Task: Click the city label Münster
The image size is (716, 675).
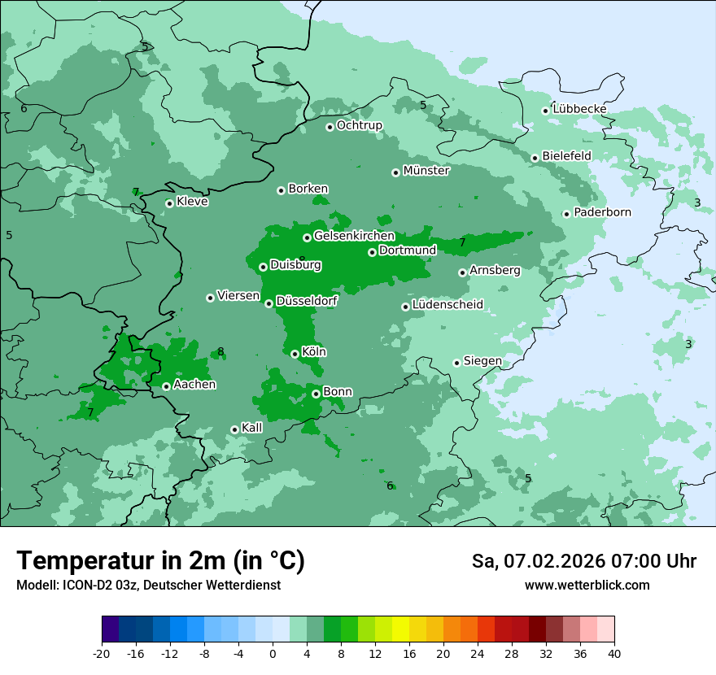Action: click(426, 171)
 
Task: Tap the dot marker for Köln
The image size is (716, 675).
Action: click(295, 354)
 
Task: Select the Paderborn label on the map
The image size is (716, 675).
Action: click(602, 212)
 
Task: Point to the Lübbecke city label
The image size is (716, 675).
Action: click(579, 109)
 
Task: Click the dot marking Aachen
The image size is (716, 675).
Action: click(166, 386)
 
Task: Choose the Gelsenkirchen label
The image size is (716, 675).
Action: click(354, 236)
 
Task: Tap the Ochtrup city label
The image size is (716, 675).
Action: click(359, 125)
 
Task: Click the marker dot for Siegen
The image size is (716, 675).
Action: click(456, 363)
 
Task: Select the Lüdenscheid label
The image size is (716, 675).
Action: click(447, 305)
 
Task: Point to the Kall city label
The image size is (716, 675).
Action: click(252, 428)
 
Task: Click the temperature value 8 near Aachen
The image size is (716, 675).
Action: click(220, 352)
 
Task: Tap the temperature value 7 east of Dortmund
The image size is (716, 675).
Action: click(462, 242)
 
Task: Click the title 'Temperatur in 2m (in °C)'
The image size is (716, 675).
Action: click(161, 560)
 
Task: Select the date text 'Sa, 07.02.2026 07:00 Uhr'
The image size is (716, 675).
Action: click(583, 561)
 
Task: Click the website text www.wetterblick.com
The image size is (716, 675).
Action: click(587, 585)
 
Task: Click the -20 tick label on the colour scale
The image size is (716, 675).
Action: click(102, 653)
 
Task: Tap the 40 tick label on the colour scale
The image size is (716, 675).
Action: click(614, 653)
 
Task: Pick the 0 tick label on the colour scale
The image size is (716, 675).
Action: click(273, 653)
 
